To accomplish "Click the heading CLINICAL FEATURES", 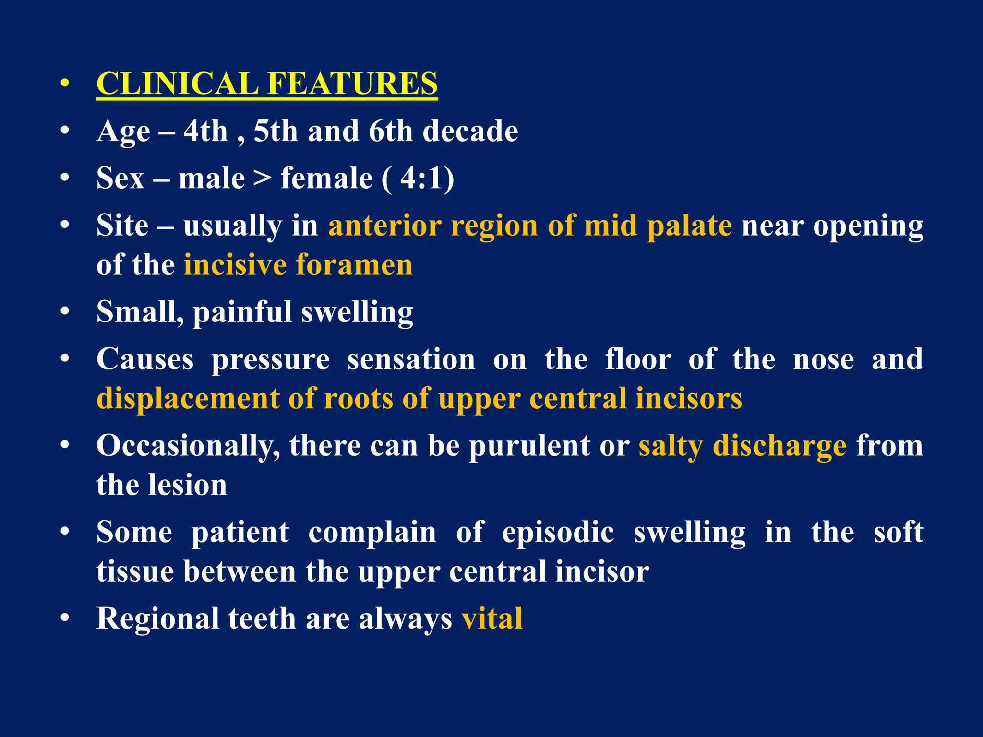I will [x=267, y=83].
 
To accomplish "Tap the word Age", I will [x=123, y=131].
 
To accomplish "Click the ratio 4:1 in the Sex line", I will [x=421, y=178].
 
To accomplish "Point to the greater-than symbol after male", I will [x=263, y=178].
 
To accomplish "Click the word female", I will [x=326, y=178].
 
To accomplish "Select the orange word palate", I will [x=689, y=226].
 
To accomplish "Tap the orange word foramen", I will [x=354, y=265].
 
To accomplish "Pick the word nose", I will [x=823, y=359].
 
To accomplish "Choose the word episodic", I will [x=558, y=532].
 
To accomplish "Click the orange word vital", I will [x=492, y=618].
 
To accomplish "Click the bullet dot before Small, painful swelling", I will [x=65, y=312].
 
